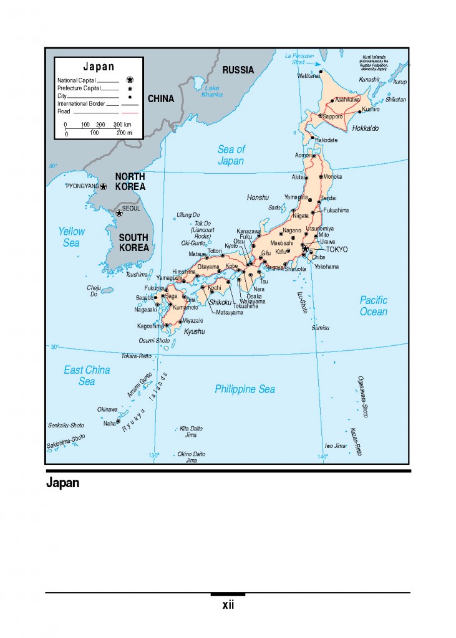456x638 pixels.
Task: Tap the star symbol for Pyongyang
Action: coord(104,186)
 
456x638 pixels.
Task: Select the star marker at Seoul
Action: coord(119,213)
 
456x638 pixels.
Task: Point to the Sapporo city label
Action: coord(333,117)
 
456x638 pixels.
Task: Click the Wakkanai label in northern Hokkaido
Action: coord(308,76)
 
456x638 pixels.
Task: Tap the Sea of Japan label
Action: coord(231,155)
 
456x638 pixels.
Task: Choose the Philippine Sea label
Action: coord(245,389)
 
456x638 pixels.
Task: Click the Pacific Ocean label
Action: coord(373,305)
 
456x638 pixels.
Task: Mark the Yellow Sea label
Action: coord(71,237)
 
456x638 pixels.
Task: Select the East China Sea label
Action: coord(87,376)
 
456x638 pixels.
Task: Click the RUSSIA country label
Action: coord(238,70)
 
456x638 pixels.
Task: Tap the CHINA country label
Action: coord(161,98)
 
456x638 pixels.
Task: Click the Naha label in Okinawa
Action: coord(109,424)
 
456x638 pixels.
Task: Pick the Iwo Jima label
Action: coord(335,445)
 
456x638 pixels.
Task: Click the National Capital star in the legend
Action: coord(130,80)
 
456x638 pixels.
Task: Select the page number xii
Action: coord(228,605)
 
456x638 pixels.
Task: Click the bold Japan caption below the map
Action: coord(62,483)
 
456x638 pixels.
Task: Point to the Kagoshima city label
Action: coord(150,326)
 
